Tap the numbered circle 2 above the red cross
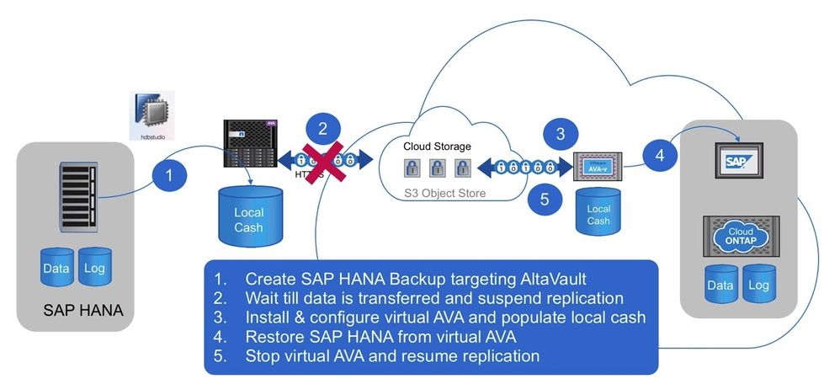click(x=322, y=129)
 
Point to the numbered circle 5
click(x=545, y=200)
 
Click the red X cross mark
click(x=322, y=162)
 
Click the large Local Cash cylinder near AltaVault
click(x=248, y=216)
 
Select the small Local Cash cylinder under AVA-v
click(x=598, y=214)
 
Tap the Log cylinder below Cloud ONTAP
click(x=759, y=285)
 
